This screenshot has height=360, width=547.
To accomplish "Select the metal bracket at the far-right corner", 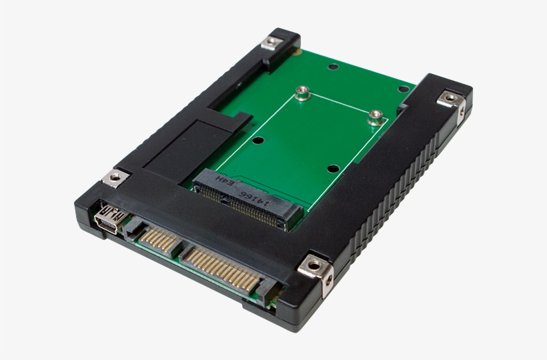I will (x=450, y=99).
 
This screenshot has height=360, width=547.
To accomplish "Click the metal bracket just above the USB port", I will (x=115, y=177).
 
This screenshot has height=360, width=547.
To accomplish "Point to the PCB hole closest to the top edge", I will (x=332, y=67).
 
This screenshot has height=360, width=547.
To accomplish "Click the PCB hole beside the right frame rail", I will (x=403, y=89).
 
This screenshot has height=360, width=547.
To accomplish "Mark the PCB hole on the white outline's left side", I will (x=259, y=141).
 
